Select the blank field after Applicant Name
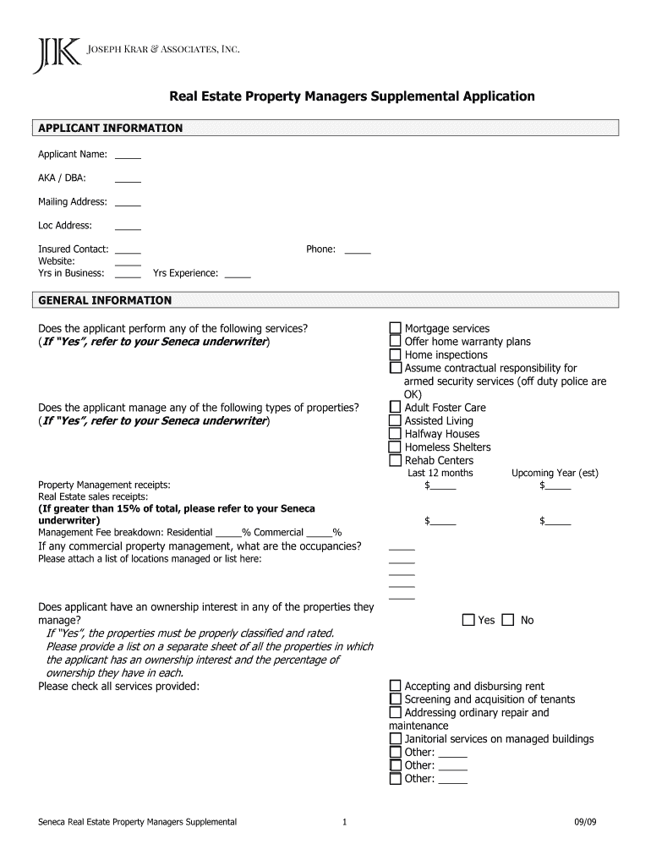[x=128, y=156]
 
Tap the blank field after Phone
[x=358, y=250]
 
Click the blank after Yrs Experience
[x=238, y=274]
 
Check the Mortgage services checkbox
[x=395, y=328]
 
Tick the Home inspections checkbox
[x=395, y=355]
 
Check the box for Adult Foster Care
[x=395, y=408]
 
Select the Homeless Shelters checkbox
[x=395, y=447]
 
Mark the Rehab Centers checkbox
[x=395, y=461]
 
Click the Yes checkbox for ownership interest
[x=468, y=620]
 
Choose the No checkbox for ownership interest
[x=508, y=620]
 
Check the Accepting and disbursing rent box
[x=395, y=686]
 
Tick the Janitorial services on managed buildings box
[x=395, y=739]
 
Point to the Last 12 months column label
[x=440, y=474]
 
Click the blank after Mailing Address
[x=128, y=203]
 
